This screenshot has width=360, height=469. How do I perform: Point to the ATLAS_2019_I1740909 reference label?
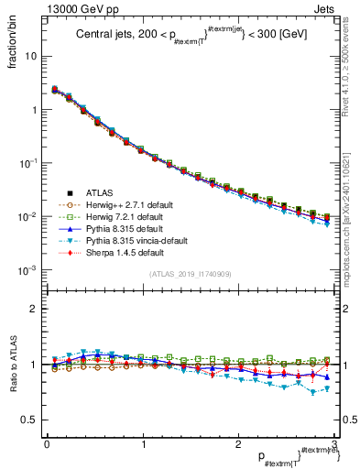coord(191,274)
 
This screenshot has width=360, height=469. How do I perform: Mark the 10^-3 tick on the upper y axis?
coord(28,270)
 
